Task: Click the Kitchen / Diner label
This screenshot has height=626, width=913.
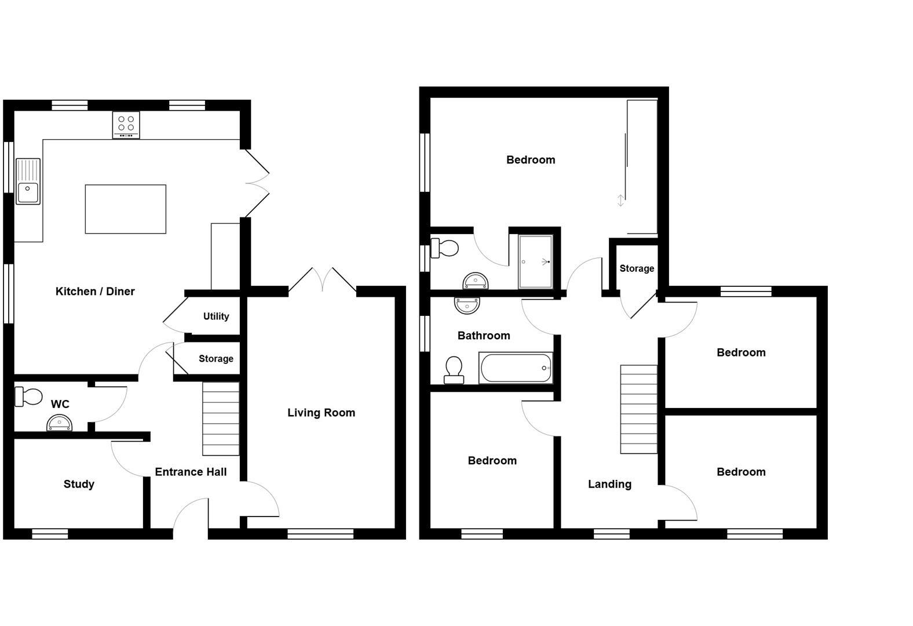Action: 95,292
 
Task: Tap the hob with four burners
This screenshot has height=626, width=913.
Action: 126,125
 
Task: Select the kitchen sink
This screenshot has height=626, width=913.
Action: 27,182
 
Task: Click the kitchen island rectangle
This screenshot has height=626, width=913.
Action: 125,209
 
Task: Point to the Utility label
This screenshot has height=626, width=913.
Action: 216,316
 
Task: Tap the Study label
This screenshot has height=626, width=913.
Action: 79,484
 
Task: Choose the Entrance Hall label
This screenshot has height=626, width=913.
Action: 191,472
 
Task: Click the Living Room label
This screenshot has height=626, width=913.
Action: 321,413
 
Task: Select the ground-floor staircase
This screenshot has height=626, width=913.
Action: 221,418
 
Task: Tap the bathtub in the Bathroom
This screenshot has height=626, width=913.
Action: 516,368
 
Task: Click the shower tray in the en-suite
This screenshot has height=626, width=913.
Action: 535,261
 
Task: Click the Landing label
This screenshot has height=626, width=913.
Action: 609,484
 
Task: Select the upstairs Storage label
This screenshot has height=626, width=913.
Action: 637,268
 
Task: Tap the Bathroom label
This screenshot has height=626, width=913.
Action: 484,336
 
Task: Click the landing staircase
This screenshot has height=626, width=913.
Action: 638,409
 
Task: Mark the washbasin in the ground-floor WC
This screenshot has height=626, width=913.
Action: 60,424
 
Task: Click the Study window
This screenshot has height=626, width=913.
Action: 50,534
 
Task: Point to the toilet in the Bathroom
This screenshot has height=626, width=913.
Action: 454,370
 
